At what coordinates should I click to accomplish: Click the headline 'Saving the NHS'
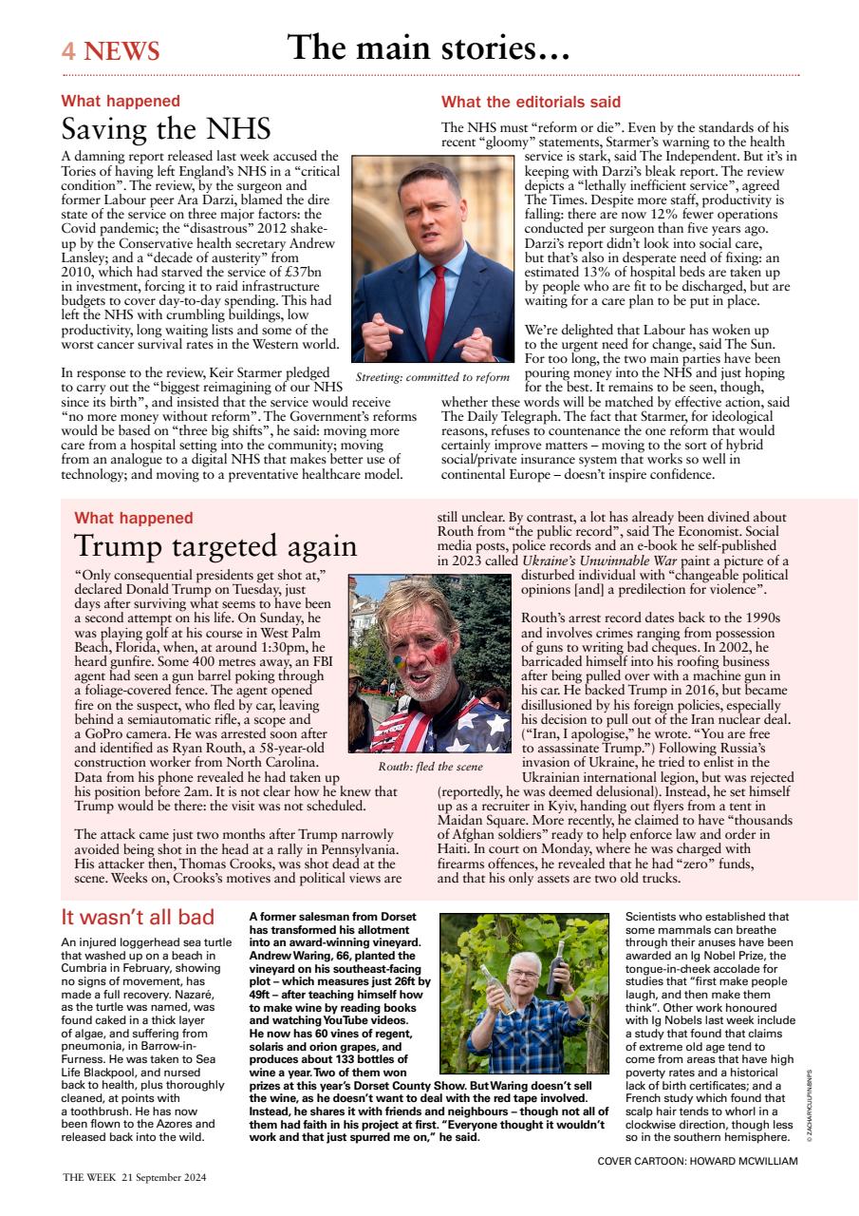166,129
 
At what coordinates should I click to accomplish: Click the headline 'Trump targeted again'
215,546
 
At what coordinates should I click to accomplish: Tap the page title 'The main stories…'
428,47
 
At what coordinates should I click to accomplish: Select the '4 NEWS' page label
110,51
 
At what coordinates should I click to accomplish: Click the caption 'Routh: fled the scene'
430,766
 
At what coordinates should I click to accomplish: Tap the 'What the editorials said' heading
531,102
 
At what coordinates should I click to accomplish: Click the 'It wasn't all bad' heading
138,917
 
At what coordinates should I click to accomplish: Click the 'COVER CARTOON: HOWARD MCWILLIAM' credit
698,1161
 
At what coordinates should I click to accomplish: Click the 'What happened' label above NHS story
121,101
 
